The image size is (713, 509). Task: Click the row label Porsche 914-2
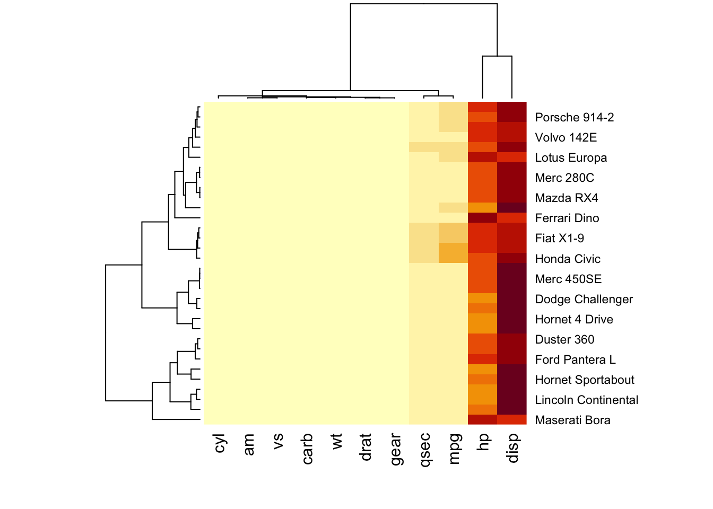[574, 117]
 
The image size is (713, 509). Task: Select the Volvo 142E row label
[566, 137]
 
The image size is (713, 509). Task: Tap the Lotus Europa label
[571, 157]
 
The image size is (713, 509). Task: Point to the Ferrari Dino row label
[567, 218]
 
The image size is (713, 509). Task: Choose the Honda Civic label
[567, 259]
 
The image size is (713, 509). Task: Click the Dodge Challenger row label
[584, 299]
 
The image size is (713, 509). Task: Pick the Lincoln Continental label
[586, 400]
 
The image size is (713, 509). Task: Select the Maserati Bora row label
[572, 420]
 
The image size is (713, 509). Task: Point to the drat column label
[366, 447]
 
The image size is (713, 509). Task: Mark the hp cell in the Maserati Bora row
[483, 419]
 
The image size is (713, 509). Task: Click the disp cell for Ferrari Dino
[512, 218]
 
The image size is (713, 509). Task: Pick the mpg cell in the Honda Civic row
[454, 258]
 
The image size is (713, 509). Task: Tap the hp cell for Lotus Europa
[483, 157]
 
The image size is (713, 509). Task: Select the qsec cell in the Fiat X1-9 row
[424, 238]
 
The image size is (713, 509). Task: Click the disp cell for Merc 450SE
[512, 278]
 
